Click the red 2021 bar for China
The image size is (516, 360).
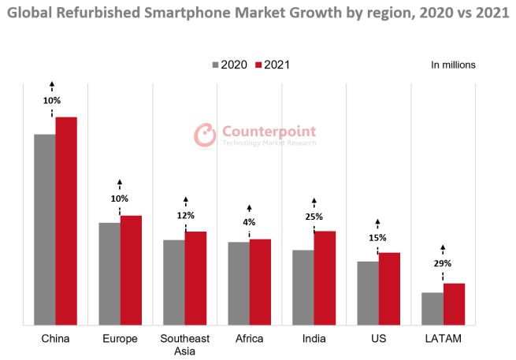point(66,221)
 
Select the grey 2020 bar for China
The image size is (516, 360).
point(44,229)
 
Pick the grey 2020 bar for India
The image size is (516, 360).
point(303,287)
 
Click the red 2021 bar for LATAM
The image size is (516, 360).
point(454,303)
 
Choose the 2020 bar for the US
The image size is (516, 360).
point(367,292)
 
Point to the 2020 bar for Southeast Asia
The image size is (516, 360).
point(173,282)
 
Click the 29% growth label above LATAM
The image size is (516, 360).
point(442,263)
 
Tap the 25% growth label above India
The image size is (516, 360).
point(314,214)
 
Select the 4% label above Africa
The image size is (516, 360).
point(249,222)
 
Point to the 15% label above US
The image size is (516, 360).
point(377,237)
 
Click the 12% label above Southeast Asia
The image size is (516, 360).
point(185,215)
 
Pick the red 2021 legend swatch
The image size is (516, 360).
point(258,65)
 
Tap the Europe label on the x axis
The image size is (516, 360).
point(120,339)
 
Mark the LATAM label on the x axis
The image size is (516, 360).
point(443,339)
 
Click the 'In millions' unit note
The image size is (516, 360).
point(453,65)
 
